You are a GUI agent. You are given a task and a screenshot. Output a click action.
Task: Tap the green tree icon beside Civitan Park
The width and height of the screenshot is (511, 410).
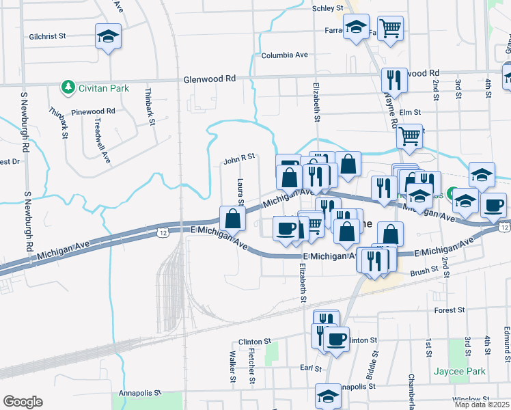pyautogui.click(x=68, y=86)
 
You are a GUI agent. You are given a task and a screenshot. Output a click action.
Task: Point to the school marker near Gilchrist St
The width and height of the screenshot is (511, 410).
pyautogui.click(x=108, y=36)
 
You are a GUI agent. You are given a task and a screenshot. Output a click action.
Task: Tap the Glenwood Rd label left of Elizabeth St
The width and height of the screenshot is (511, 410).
pyautogui.click(x=209, y=79)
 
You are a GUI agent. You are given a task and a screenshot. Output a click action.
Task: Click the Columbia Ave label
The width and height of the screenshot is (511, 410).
pyautogui.click(x=284, y=55)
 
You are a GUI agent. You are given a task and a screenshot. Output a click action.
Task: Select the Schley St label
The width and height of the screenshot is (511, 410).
pyautogui.click(x=327, y=8)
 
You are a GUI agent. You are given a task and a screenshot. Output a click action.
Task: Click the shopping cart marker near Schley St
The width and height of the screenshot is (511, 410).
pyautogui.click(x=390, y=29)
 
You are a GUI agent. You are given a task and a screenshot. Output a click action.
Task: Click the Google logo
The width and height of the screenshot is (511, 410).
pyautogui.click(x=23, y=402)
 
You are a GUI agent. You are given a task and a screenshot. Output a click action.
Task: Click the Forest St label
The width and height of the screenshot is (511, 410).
pyautogui.click(x=450, y=310)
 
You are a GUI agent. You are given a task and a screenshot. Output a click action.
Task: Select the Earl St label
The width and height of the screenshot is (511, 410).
pyautogui.click(x=311, y=368)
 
